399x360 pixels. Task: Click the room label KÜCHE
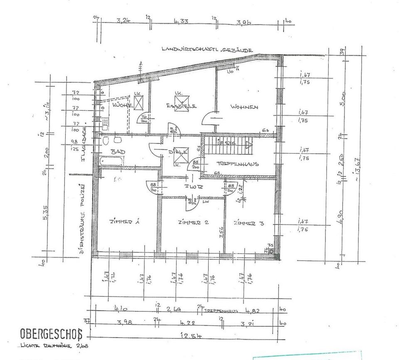pyautogui.click(x=122, y=106)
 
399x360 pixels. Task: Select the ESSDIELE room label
pyautogui.click(x=180, y=105)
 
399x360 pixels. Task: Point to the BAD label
pyautogui.click(x=115, y=152)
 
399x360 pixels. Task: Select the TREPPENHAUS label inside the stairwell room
pyautogui.click(x=238, y=164)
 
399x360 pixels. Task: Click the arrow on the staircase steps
pyautogui.click(x=249, y=145)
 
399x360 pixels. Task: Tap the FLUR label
pyautogui.click(x=195, y=187)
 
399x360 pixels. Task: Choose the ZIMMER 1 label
pyautogui.click(x=124, y=222)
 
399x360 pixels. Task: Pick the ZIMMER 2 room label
pyautogui.click(x=192, y=222)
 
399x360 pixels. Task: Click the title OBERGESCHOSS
pyautogui.click(x=52, y=334)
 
